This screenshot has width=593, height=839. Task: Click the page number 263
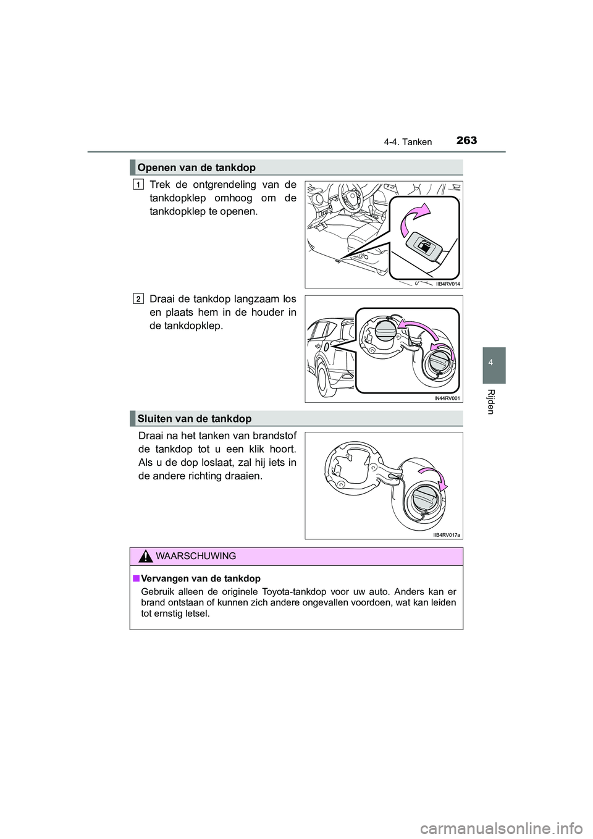(x=467, y=141)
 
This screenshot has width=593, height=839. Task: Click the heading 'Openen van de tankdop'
(x=196, y=167)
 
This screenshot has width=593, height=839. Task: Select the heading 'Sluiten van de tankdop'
(x=195, y=418)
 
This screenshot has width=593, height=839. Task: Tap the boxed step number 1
(x=138, y=184)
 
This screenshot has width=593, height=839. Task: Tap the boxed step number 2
(x=138, y=299)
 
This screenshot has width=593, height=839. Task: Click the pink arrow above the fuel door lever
(x=414, y=219)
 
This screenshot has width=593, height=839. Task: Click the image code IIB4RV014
(x=448, y=284)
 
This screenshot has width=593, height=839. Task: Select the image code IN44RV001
(x=447, y=398)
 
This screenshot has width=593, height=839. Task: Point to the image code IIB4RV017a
(x=447, y=535)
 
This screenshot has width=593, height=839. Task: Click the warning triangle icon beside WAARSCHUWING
(x=145, y=556)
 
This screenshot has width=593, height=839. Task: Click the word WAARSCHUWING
(x=196, y=556)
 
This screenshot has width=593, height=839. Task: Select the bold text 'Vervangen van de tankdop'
(x=200, y=579)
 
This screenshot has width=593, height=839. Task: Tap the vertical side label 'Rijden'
(x=492, y=402)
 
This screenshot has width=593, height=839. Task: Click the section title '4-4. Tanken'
(x=407, y=142)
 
